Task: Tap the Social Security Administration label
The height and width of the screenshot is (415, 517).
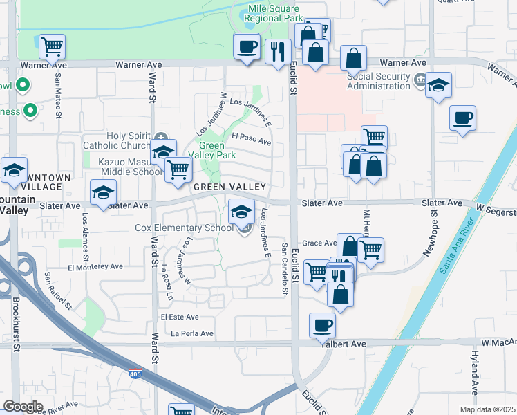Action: click(x=379, y=81)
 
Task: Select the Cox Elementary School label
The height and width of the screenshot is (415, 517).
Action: click(x=185, y=228)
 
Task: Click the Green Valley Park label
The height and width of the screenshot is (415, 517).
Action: click(x=218, y=151)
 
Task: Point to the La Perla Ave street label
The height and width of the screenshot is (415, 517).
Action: click(x=193, y=333)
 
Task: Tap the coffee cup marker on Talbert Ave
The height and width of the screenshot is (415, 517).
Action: click(x=322, y=324)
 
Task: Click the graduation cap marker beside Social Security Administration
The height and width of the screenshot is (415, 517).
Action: click(x=438, y=85)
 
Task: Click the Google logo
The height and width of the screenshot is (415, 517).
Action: click(x=23, y=407)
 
